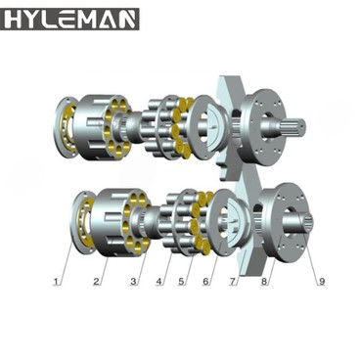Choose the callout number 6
[206, 282]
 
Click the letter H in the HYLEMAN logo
[14, 19]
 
